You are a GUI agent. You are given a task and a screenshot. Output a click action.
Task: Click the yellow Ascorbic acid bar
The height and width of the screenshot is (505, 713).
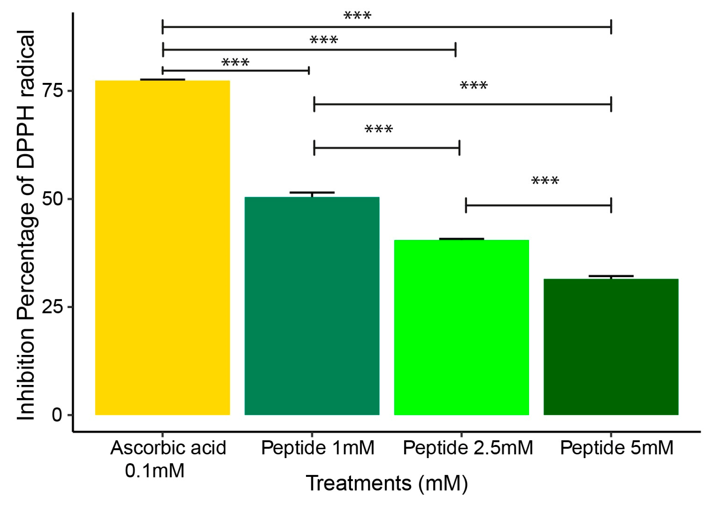(x=162, y=248)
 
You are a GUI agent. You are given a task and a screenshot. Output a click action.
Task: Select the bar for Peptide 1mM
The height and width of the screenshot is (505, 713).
(x=312, y=306)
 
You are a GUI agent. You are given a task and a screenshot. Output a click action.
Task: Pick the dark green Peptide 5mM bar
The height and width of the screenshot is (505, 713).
(x=611, y=347)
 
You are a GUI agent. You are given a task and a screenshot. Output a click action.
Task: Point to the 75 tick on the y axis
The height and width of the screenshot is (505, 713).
(x=52, y=90)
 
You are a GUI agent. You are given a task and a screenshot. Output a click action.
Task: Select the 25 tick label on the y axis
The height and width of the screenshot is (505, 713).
(x=52, y=307)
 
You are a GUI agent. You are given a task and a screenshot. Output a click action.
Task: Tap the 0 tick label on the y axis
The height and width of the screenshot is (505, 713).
(x=57, y=415)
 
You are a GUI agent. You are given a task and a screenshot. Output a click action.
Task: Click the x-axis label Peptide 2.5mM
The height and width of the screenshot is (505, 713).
(x=468, y=448)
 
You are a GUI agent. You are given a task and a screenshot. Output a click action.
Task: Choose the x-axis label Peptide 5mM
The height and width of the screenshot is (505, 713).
(x=617, y=448)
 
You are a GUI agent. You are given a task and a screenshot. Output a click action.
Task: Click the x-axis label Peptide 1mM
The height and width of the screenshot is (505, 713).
(x=318, y=448)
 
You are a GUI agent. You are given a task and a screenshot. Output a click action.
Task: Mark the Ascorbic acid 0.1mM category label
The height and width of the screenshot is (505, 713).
(x=168, y=458)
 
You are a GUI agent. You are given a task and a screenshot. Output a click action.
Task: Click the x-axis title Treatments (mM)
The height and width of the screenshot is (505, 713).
(x=387, y=483)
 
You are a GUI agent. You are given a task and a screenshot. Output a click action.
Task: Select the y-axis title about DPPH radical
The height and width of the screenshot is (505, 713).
(x=26, y=225)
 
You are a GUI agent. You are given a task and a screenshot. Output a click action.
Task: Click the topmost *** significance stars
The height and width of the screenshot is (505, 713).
(x=357, y=16)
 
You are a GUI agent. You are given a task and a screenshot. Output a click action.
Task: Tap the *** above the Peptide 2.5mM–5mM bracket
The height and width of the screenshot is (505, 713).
(x=545, y=181)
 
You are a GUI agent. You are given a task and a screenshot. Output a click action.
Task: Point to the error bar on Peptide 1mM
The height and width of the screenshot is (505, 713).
(x=312, y=194)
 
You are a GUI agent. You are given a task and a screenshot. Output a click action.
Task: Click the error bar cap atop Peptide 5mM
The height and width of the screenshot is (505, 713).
(x=611, y=277)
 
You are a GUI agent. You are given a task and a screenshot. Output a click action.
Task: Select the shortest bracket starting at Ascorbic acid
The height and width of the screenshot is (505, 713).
(x=235, y=71)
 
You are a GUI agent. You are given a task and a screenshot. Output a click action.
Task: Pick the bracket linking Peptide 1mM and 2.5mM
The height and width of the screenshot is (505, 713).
(x=386, y=148)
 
